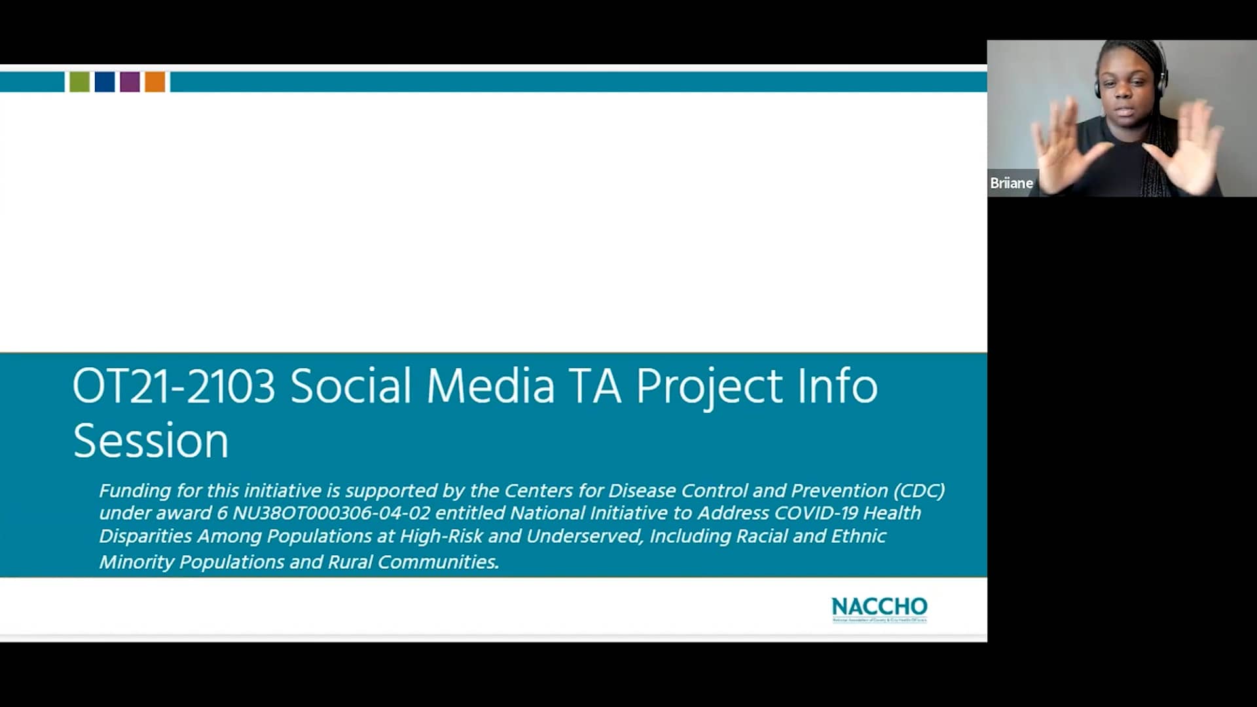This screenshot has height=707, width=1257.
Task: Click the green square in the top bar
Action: click(79, 82)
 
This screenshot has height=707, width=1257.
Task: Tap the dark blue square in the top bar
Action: click(105, 82)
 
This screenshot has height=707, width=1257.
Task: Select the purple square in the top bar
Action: click(130, 82)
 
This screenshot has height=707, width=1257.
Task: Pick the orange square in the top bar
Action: click(155, 82)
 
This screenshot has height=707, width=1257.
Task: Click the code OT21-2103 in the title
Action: click(173, 386)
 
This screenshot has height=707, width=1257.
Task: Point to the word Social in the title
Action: click(351, 386)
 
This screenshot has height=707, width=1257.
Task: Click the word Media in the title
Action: click(490, 386)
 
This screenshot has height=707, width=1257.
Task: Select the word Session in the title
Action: click(151, 441)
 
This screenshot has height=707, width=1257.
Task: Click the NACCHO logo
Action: click(879, 609)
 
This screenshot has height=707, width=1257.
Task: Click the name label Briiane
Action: click(1011, 183)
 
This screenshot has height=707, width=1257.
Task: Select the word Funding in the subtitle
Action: click(135, 491)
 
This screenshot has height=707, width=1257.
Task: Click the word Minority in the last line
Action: click(136, 562)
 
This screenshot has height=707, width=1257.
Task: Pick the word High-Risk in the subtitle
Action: click(441, 536)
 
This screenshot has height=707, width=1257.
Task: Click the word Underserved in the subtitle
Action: click(584, 536)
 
